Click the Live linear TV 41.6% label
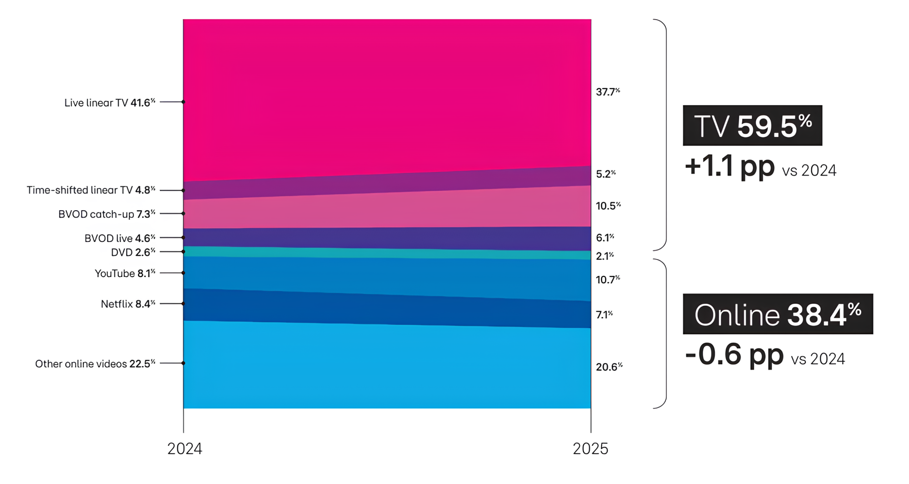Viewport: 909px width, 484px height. click(x=110, y=103)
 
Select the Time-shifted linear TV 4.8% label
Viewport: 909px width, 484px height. click(x=91, y=190)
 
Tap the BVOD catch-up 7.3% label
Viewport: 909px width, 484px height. click(x=107, y=214)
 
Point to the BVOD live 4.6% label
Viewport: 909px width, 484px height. click(x=120, y=238)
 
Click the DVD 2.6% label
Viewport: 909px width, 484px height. click(x=133, y=252)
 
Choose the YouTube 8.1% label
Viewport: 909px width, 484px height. click(x=125, y=273)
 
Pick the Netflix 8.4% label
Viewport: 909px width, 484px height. click(x=128, y=304)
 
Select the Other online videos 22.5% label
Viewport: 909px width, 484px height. click(x=95, y=364)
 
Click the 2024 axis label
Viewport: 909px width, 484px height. click(x=185, y=449)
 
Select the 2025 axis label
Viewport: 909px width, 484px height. click(x=590, y=449)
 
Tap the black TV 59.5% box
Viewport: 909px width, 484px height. click(x=752, y=126)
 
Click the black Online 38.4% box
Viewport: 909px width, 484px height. click(x=778, y=314)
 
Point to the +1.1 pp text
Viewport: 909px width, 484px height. click(x=729, y=166)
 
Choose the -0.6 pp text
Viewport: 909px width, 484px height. click(x=734, y=355)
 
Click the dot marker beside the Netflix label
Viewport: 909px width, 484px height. click(x=183, y=303)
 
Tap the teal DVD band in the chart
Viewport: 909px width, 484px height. click(x=386, y=253)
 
